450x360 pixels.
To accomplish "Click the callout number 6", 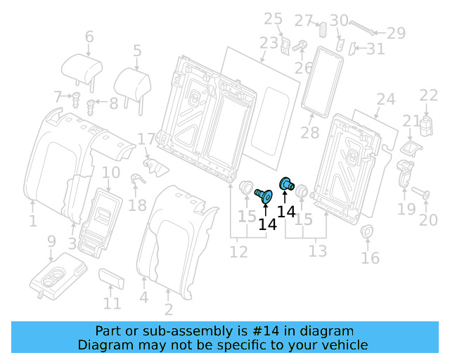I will coord(89,37).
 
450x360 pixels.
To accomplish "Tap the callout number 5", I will coord(137,51).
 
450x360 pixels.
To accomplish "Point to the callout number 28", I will coord(309,132).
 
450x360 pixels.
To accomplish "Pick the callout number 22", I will coord(428,96).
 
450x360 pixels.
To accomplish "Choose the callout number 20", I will coord(428,220).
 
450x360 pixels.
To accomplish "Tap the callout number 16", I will coord(370,257).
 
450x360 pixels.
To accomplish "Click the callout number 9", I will coord(51,241).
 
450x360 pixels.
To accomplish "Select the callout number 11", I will coord(112,304).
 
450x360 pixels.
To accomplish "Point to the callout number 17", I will coord(146,140).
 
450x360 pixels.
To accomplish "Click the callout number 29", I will coord(397,32).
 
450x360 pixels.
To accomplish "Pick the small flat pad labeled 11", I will coord(112,278).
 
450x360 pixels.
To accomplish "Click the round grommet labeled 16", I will coord(367,233).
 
